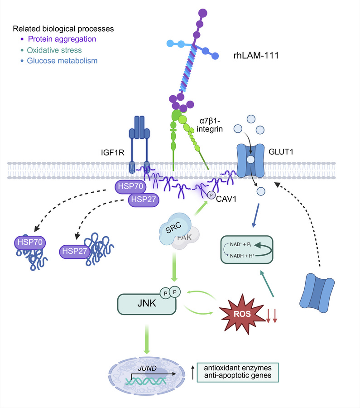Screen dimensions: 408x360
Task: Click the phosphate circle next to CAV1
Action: click(x=211, y=194)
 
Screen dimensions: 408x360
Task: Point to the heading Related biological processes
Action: click(x=63, y=29)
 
